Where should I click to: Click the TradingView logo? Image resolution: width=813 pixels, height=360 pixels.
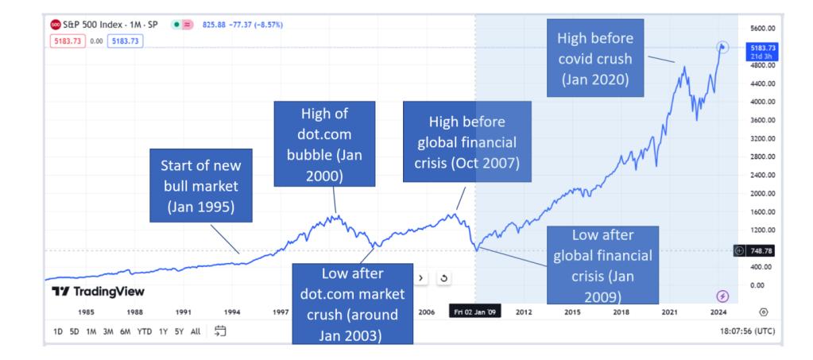coord(98,292)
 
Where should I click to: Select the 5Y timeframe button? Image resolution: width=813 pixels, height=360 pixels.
coord(179,331)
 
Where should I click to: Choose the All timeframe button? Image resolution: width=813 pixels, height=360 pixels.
coord(196,331)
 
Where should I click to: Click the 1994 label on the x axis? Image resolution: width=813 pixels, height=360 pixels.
coord(232,312)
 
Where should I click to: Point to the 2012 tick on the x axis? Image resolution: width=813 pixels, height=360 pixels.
coord(525,312)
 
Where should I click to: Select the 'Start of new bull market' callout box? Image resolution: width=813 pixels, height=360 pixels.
coord(200,186)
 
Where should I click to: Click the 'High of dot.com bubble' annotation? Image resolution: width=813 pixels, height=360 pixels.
coord(324,144)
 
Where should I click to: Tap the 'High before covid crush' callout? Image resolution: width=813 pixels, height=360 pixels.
coord(595,58)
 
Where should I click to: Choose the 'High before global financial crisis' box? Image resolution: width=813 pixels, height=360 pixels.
coord(467,141)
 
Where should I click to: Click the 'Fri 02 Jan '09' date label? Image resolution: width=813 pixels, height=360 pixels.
coord(474,312)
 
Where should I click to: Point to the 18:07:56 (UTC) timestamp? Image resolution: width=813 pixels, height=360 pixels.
coord(746,331)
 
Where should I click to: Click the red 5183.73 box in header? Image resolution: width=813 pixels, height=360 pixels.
coord(68,41)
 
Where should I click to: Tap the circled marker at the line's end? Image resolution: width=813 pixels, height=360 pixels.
coord(722,48)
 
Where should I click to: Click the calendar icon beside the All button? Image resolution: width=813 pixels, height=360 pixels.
coord(220,331)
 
